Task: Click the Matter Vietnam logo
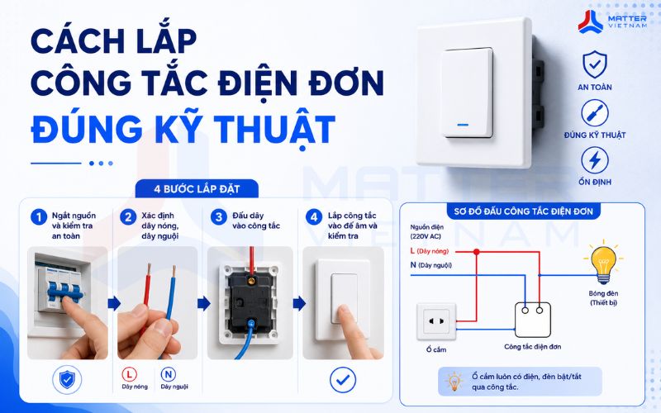[612, 21]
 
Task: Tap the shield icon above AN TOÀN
[595, 64]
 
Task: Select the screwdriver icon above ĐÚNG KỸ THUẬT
[595, 113]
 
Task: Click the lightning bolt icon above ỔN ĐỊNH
[595, 160]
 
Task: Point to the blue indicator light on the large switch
[463, 125]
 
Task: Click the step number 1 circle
[39, 217]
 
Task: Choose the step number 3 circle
[219, 217]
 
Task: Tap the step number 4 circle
[314, 217]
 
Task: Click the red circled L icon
[130, 374]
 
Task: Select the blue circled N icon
[169, 374]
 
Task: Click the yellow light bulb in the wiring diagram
[604, 263]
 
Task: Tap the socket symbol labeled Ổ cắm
[436, 321]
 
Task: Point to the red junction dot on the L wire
[477, 252]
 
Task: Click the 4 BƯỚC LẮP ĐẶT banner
[197, 189]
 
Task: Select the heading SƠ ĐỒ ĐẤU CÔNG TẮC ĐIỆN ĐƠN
[524, 211]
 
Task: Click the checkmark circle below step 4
[343, 380]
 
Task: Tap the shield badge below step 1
[67, 380]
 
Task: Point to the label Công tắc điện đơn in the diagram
[533, 346]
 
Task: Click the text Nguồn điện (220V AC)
[426, 232]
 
